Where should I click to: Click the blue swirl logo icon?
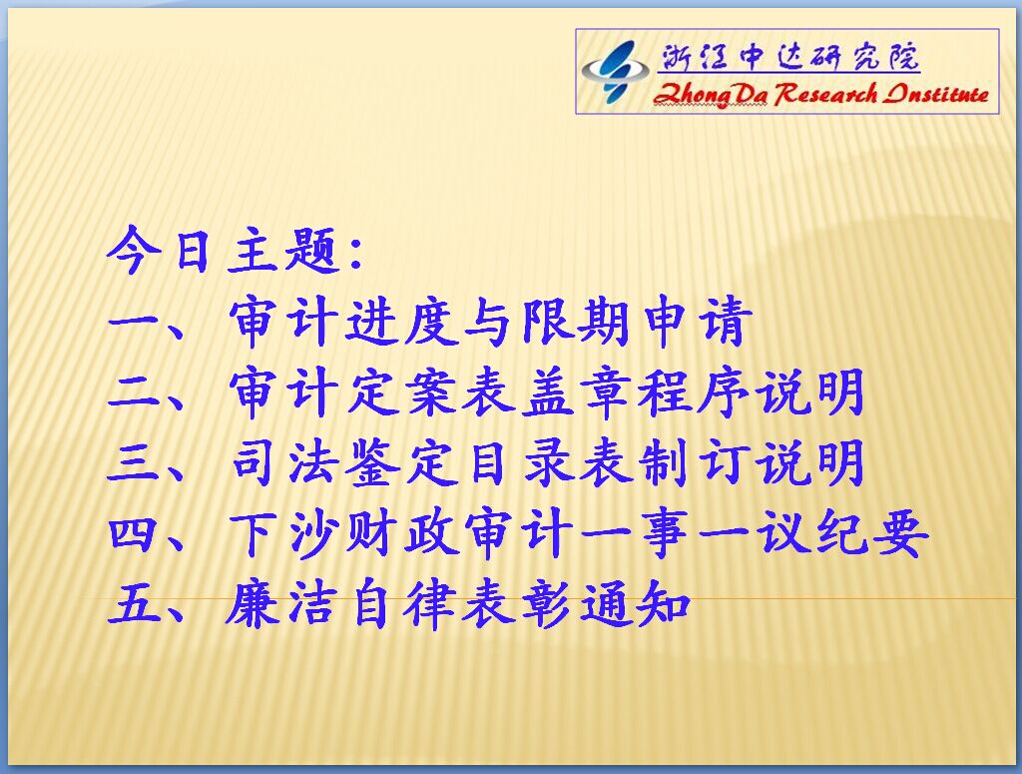(614, 72)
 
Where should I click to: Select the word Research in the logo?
(825, 94)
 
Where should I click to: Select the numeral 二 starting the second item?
(133, 392)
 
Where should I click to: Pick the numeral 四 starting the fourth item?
(133, 534)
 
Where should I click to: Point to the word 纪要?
(872, 534)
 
